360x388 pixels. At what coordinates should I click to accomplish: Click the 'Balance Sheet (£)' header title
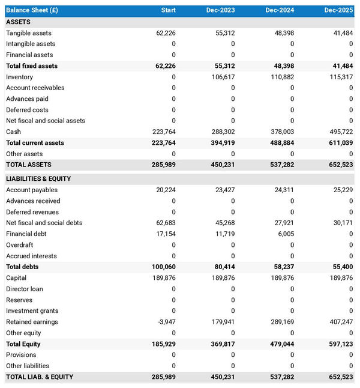(32, 10)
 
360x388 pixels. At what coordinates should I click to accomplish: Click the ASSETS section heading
(19, 22)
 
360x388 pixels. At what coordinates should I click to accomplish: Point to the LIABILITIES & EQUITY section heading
(38, 179)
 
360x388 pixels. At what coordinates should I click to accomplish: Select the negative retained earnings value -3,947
(166, 322)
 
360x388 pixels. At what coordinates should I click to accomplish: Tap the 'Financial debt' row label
(26, 234)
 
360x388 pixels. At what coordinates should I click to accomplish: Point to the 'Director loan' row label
(25, 289)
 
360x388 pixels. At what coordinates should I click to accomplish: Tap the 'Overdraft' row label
(20, 245)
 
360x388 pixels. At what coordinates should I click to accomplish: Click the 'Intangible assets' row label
(31, 44)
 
